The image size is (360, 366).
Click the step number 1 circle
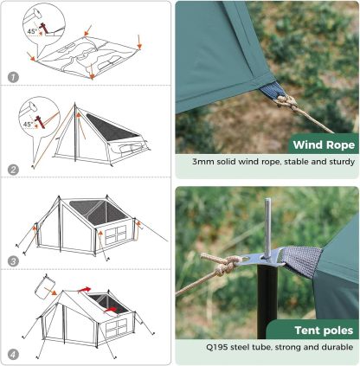click(13, 77)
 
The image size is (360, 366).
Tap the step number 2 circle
click(13, 170)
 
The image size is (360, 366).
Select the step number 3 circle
click(13, 261)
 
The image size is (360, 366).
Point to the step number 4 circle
click(13, 355)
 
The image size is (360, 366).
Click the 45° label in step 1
click(33, 31)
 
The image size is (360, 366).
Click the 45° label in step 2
click(29, 125)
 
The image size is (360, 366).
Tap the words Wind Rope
click(324, 144)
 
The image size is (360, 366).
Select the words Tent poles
click(324, 331)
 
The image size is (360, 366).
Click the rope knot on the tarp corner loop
click(286, 102)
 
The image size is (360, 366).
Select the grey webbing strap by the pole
click(301, 261)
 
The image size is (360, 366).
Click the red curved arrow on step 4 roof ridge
click(84, 289)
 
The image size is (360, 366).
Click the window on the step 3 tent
click(116, 234)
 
